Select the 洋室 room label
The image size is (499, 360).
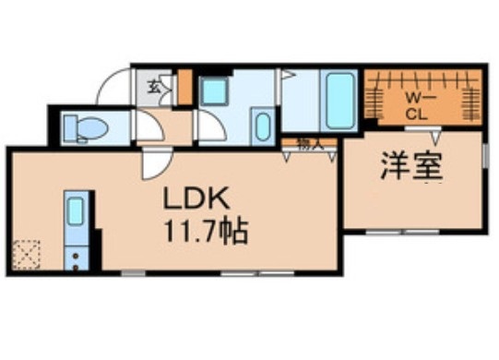(411, 165)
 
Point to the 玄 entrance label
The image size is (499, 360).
(155, 90)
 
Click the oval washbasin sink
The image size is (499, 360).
(261, 127)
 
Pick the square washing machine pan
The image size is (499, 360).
(217, 94)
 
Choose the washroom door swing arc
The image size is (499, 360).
(210, 125)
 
